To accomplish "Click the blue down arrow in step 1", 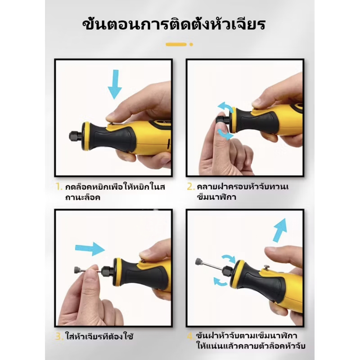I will pos(115,83).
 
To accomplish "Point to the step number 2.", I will pos(191,186).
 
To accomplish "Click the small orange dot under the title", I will pos(191,44).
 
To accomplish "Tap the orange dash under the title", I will pos(176,44).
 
